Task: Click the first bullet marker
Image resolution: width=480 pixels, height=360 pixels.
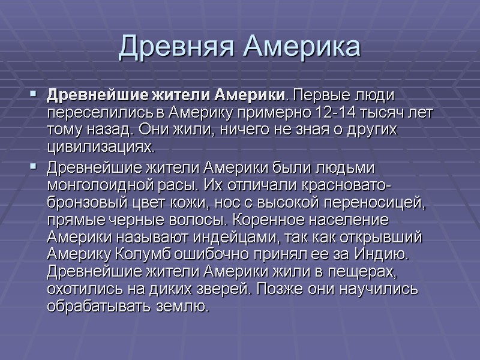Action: [33, 95]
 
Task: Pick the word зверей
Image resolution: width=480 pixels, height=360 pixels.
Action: [229, 289]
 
